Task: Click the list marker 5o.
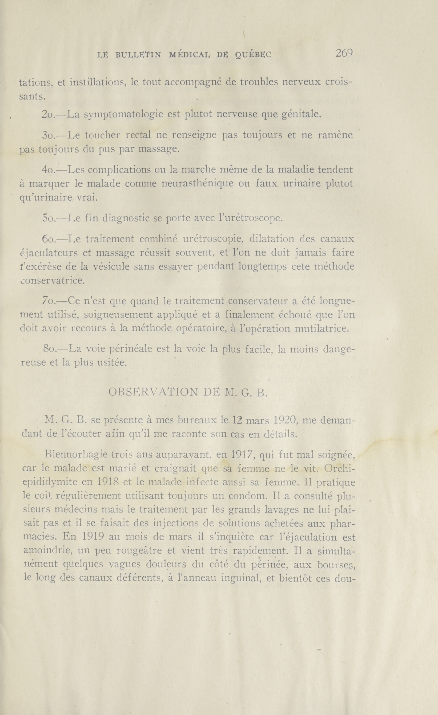[49, 218]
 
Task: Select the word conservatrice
[52, 281]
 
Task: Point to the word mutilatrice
[322, 329]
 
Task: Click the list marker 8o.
[49, 349]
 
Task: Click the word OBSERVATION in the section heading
[153, 392]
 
